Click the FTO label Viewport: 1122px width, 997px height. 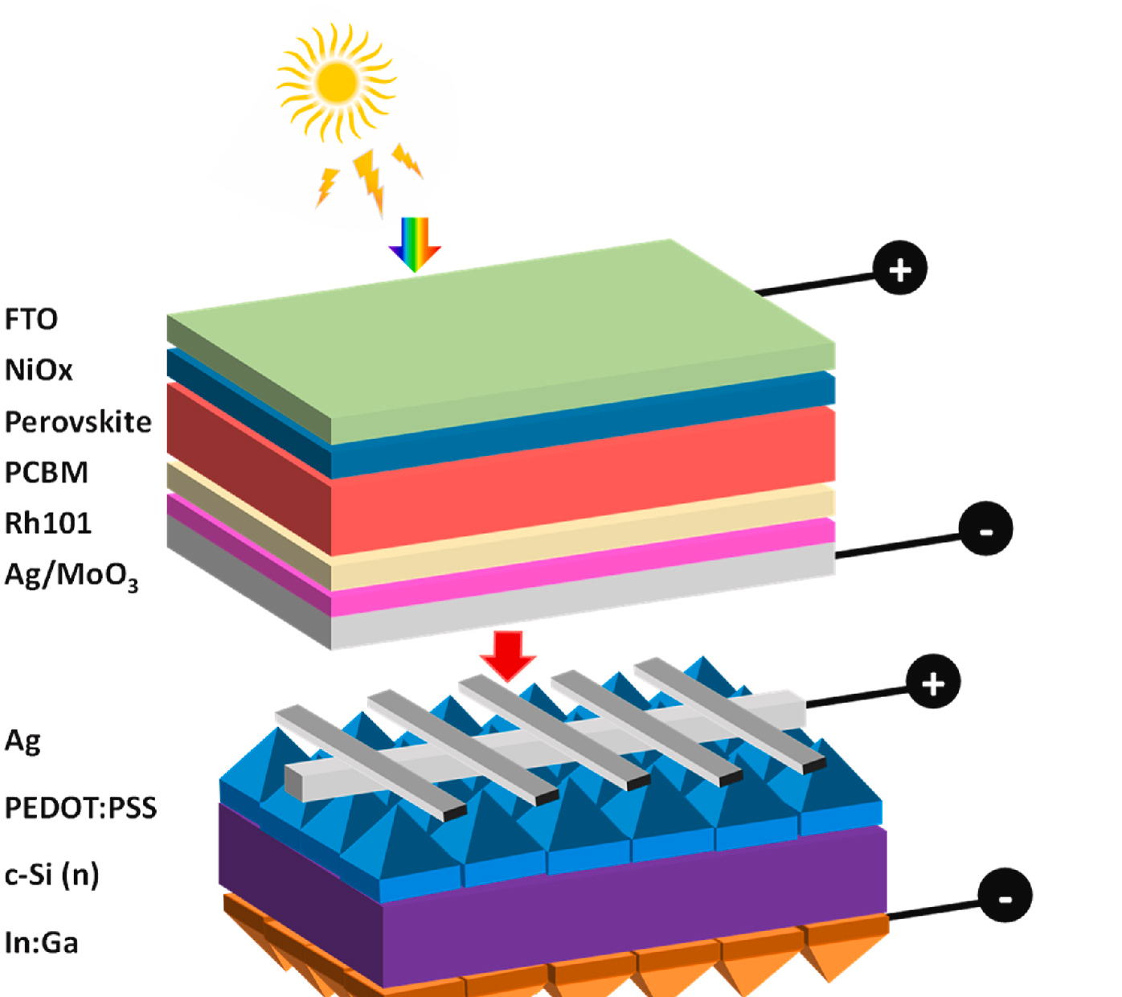[x=31, y=319]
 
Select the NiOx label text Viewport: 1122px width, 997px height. [x=39, y=370]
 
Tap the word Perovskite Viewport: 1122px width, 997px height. [x=78, y=421]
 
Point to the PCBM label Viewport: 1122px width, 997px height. [x=46, y=472]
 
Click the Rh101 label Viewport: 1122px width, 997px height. [x=48, y=523]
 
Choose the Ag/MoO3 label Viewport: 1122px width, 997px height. [x=71, y=575]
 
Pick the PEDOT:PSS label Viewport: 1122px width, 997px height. [x=80, y=807]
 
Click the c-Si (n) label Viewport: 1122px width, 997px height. [x=51, y=874]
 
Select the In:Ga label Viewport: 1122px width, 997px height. [x=41, y=942]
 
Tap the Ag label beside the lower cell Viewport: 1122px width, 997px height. [x=23, y=740]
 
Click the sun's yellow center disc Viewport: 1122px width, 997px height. [x=337, y=82]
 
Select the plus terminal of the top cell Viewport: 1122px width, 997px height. [x=900, y=268]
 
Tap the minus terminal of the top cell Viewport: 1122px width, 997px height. [x=985, y=529]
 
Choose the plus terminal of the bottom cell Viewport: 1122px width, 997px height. [x=933, y=683]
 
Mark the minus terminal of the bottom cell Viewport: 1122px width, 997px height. [x=1005, y=895]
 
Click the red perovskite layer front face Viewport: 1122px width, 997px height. [x=579, y=482]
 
